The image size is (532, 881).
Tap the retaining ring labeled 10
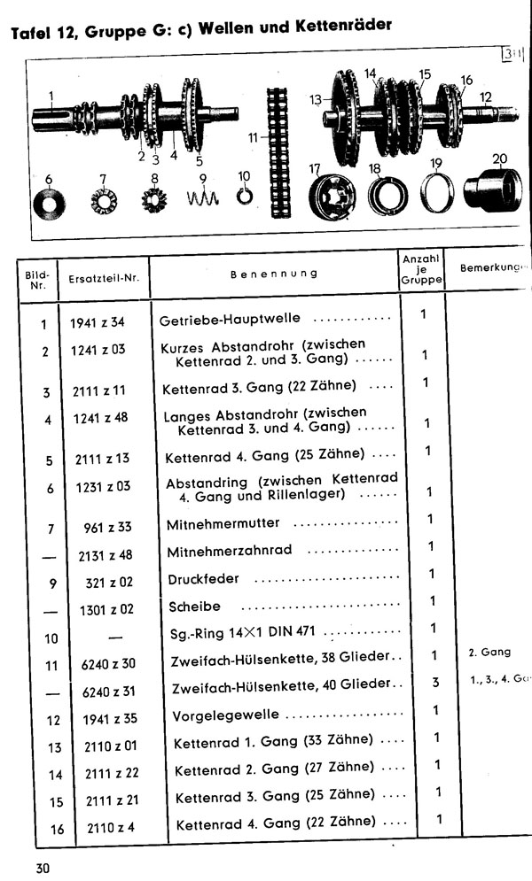[x=244, y=195]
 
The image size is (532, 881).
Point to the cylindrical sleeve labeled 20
[x=489, y=190]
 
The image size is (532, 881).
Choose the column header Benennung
[x=274, y=274]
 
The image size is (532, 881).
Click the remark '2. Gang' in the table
[x=489, y=653]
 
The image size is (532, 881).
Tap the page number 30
[x=43, y=868]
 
